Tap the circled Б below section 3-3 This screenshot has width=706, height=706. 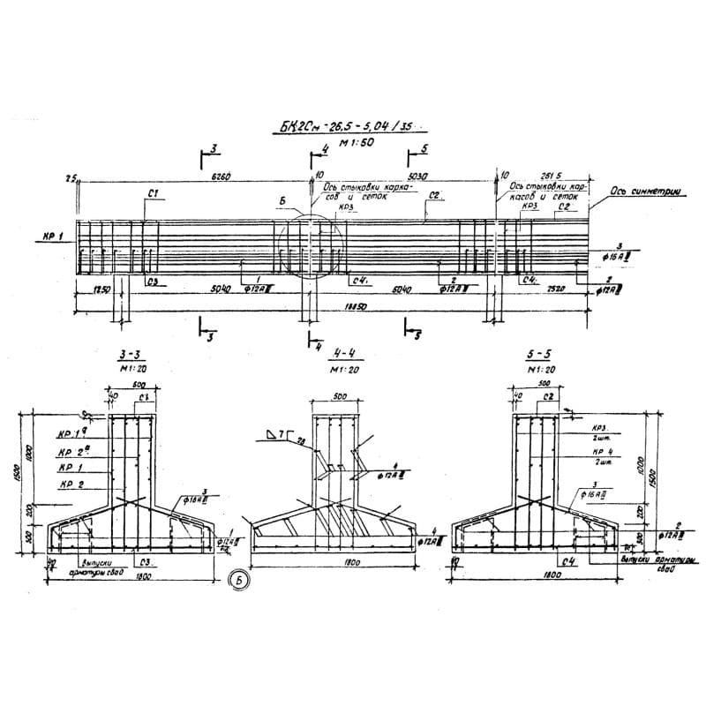pos(235,580)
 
